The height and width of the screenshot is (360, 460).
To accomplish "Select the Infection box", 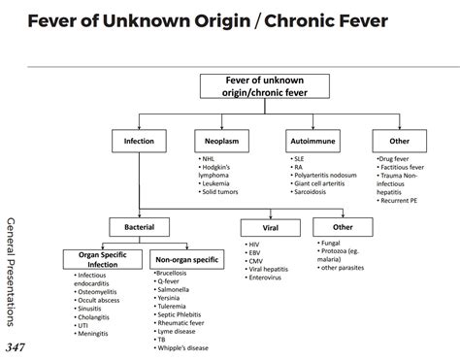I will pyautogui.click(x=139, y=141).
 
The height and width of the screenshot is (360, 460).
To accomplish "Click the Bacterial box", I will pyautogui.click(x=139, y=228).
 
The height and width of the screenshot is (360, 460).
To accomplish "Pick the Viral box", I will pyautogui.click(x=271, y=228).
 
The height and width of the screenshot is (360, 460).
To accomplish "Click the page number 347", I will pyautogui.click(x=16, y=346).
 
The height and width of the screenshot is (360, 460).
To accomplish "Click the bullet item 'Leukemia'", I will pyautogui.click(x=217, y=181).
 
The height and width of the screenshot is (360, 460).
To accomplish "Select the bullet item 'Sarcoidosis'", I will pyautogui.click(x=310, y=191).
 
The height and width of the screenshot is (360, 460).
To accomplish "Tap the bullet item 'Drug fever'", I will pyautogui.click(x=397, y=156).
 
